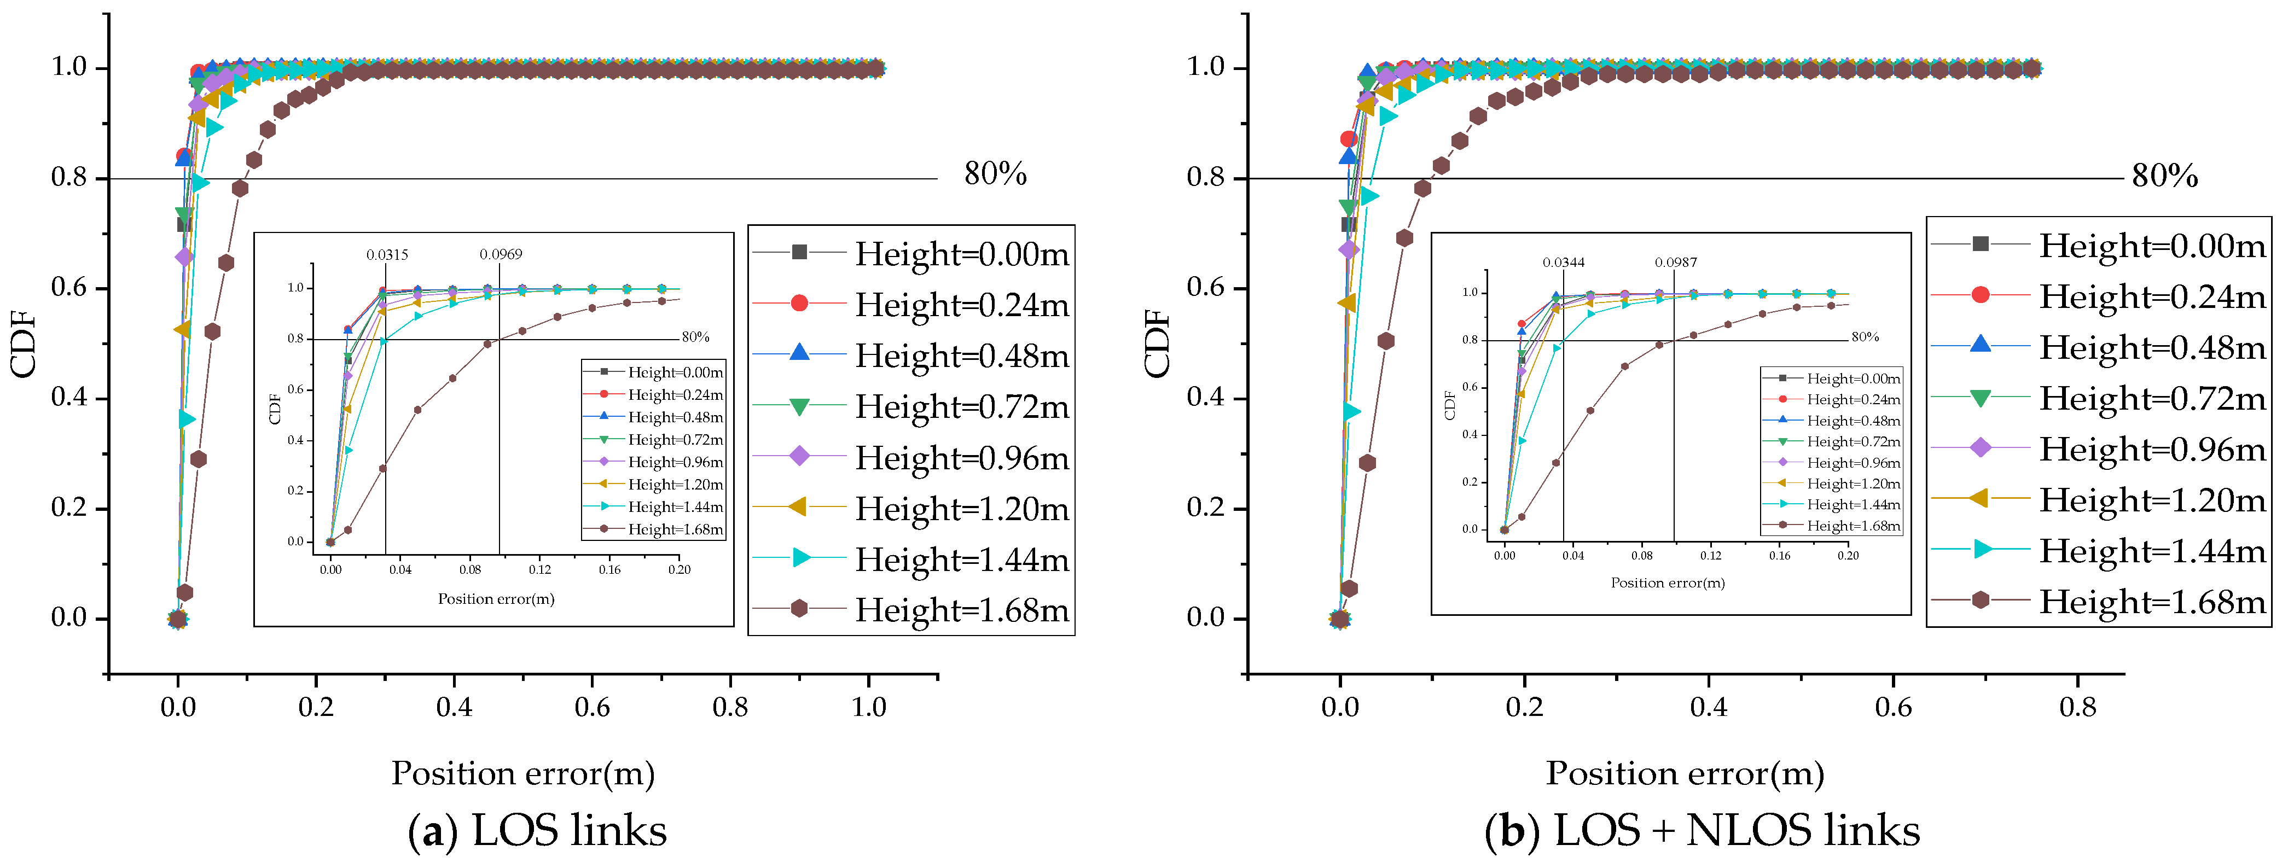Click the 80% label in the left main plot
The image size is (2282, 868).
coord(995,174)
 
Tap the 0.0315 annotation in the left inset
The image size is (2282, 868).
coord(387,255)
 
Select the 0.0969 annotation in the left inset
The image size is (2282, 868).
coord(501,255)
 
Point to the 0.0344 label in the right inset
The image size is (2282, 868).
coord(1564,263)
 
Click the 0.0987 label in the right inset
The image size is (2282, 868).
coord(1676,263)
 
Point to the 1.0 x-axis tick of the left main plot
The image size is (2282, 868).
coord(868,707)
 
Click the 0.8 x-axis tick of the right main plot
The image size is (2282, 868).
coord(2077,707)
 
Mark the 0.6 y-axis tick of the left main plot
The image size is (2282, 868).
coord(69,288)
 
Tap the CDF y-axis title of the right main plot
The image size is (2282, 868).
coord(1157,343)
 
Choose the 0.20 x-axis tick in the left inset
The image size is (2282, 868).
coord(680,569)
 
